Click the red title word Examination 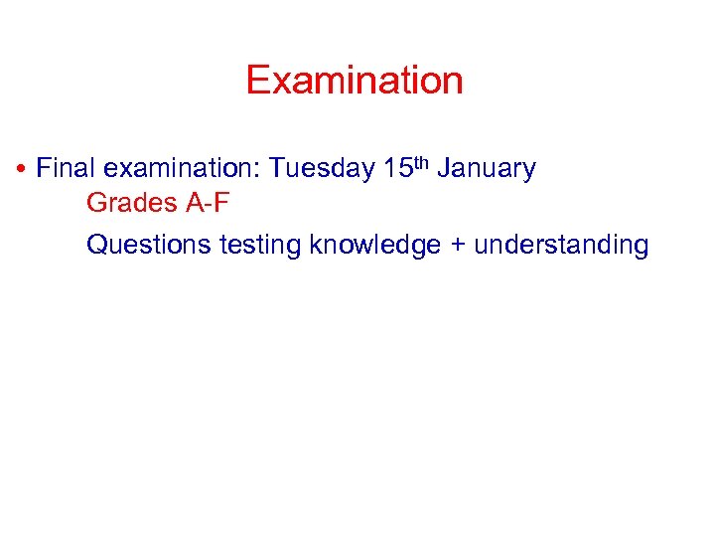355,81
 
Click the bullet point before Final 21,170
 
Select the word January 486,169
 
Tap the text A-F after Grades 208,203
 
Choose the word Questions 149,245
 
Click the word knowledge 374,245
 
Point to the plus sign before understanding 457,246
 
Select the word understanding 561,245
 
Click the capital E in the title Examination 257,81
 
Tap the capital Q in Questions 96,245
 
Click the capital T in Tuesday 277,169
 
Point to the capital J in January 443,169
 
